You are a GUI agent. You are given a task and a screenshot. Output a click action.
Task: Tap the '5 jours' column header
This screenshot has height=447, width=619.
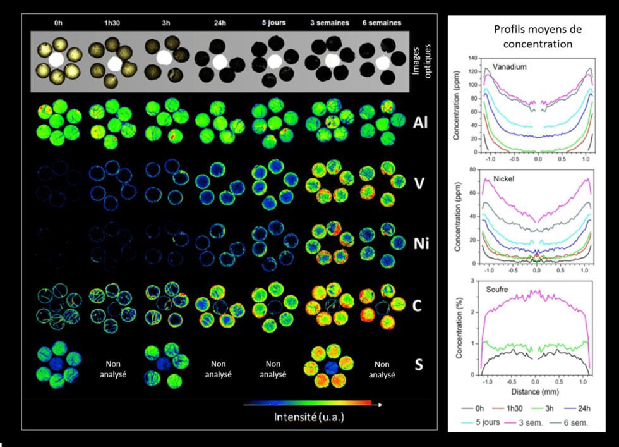[273, 23]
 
